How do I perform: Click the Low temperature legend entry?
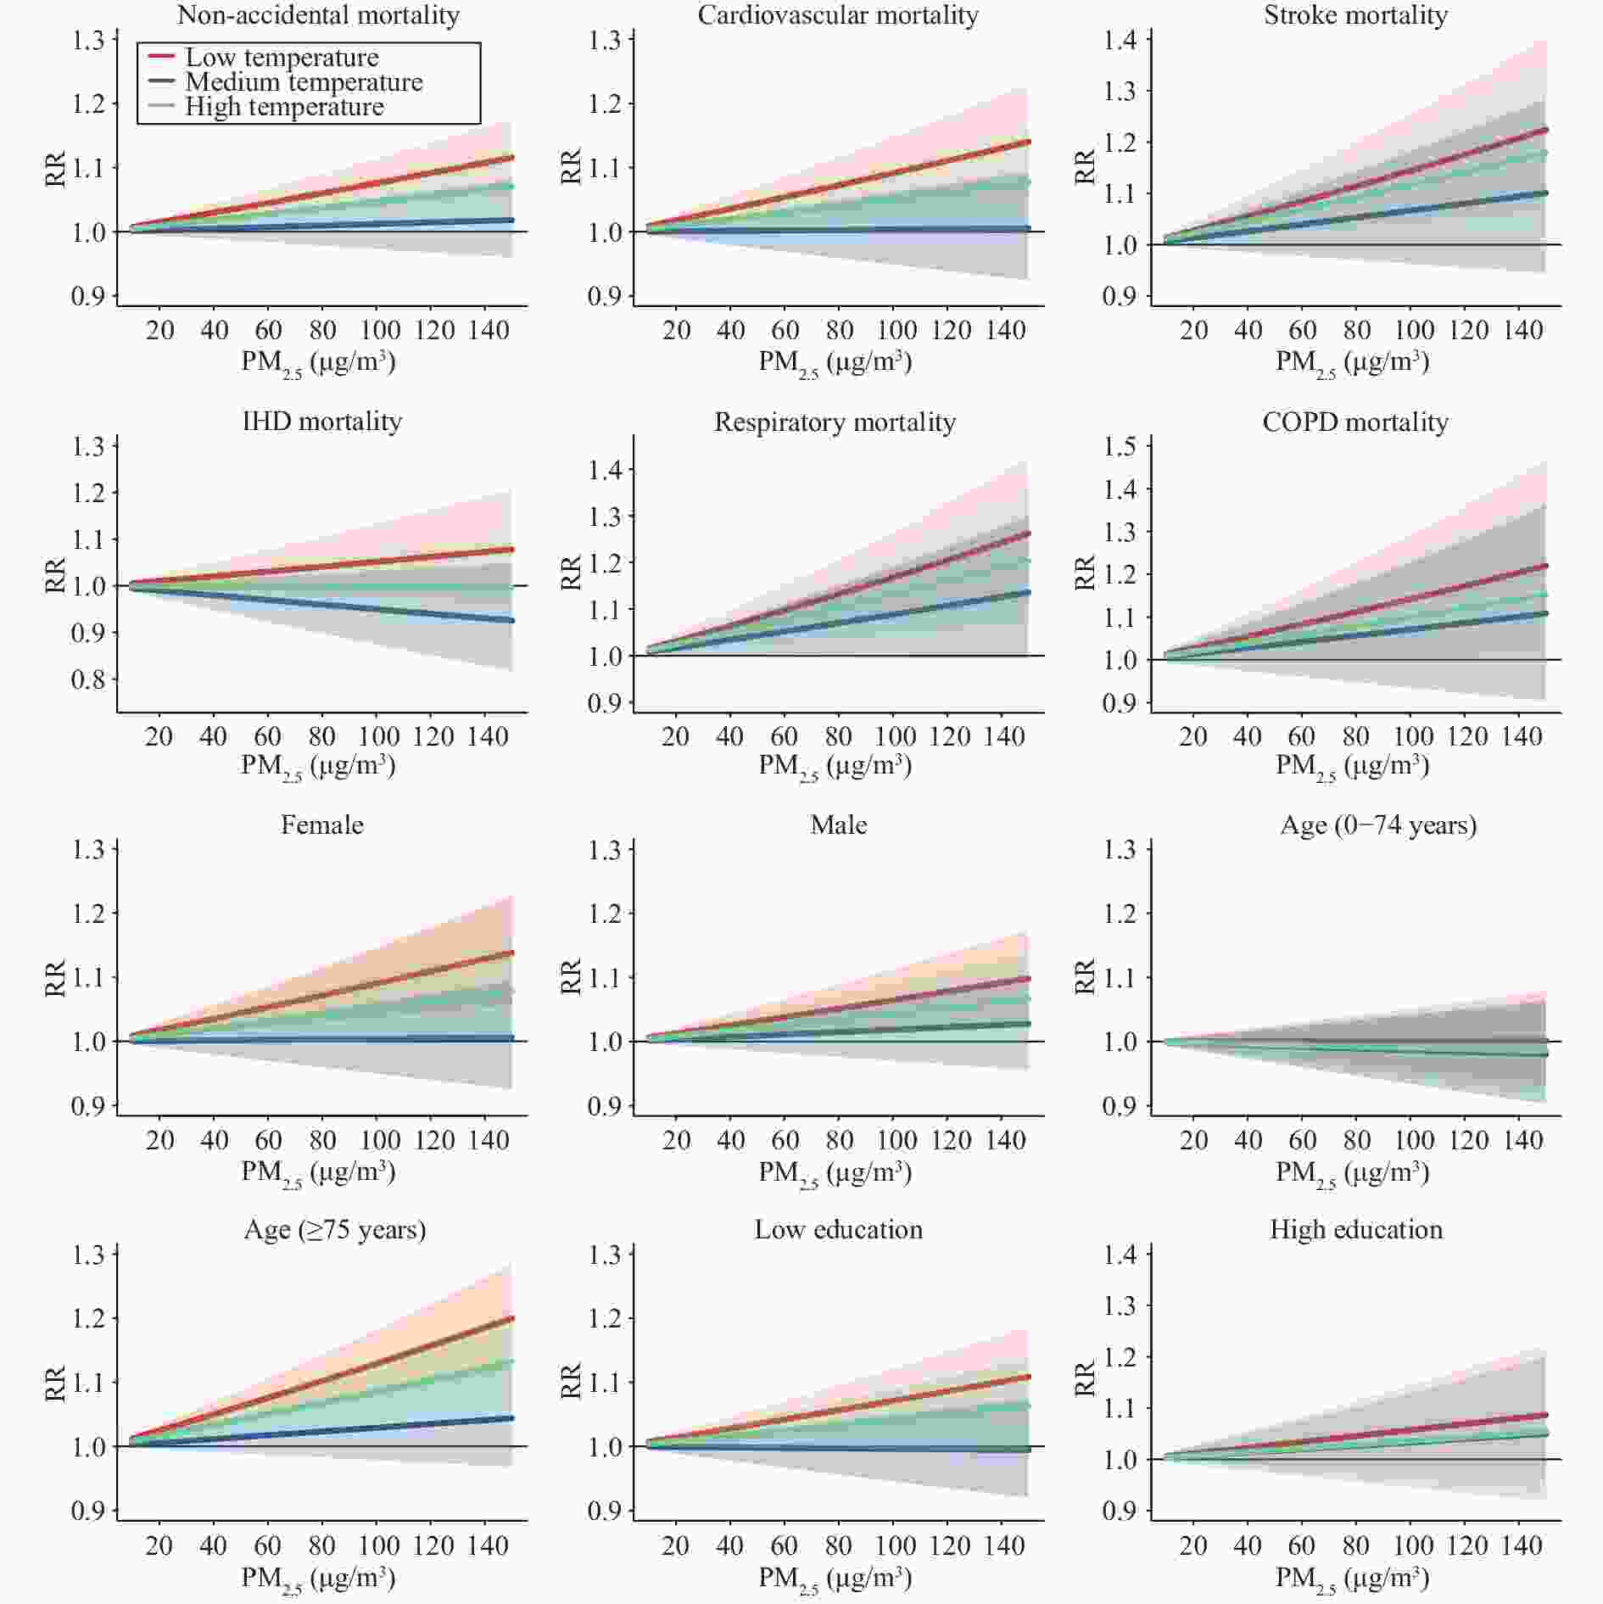pyautogui.click(x=282, y=58)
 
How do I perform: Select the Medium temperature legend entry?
pyautogui.click(x=303, y=82)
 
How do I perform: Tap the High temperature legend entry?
pyautogui.click(x=284, y=107)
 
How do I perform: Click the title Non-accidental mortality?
pyautogui.click(x=318, y=14)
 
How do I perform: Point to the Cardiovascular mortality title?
pyautogui.click(x=838, y=14)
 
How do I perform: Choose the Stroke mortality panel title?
pyautogui.click(x=1355, y=14)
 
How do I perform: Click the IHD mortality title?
pyautogui.click(x=321, y=421)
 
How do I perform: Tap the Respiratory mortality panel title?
pyautogui.click(x=835, y=422)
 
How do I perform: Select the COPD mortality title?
pyautogui.click(x=1355, y=422)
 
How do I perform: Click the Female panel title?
pyautogui.click(x=321, y=824)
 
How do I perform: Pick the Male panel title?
pyautogui.click(x=838, y=824)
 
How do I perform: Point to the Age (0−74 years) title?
pyautogui.click(x=1378, y=824)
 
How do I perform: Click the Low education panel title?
pyautogui.click(x=838, y=1229)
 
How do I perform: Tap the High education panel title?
pyautogui.click(x=1355, y=1229)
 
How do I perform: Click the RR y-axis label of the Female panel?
pyautogui.click(x=55, y=977)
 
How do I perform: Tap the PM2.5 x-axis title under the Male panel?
pyautogui.click(x=835, y=1172)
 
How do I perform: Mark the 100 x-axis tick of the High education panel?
pyautogui.click(x=1413, y=1545)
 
